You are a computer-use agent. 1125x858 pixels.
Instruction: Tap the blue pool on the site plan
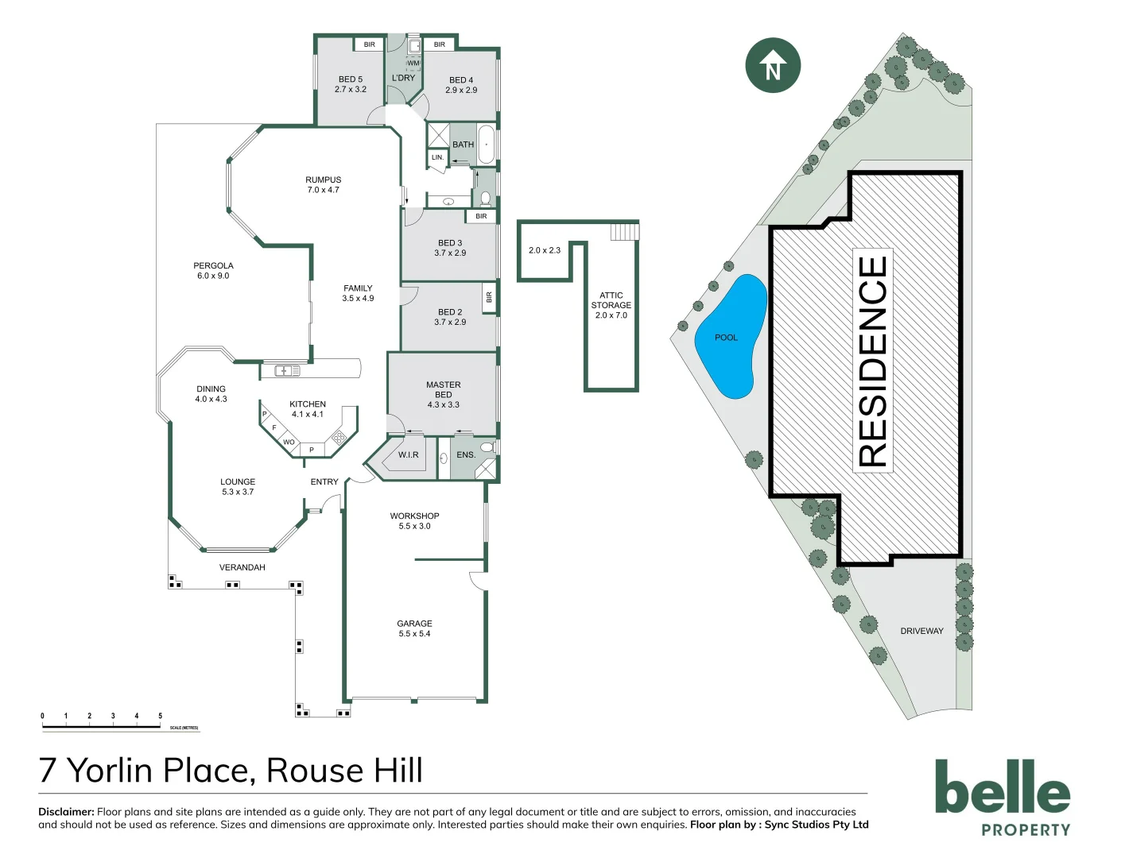[730, 338]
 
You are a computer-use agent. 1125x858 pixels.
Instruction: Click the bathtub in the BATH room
[486, 145]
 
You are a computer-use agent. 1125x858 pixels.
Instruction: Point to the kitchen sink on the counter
[287, 370]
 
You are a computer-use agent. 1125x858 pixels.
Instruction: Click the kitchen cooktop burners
[339, 437]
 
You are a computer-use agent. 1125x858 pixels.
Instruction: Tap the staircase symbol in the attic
[624, 231]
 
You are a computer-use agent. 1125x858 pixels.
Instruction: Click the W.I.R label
[408, 455]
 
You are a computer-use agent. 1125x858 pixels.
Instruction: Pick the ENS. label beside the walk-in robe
[466, 455]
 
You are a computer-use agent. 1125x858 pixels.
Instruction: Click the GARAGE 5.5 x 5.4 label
[414, 628]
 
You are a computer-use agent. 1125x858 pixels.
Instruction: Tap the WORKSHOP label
[414, 516]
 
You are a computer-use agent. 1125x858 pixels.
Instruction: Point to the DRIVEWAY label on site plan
[921, 631]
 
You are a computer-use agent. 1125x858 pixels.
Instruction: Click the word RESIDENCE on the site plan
[872, 361]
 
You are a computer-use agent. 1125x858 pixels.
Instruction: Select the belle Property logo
[1003, 797]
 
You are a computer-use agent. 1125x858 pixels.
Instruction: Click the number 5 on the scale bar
[160, 716]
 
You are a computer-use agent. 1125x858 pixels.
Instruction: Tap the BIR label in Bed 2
[489, 297]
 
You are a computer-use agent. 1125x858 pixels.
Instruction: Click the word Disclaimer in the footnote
[66, 812]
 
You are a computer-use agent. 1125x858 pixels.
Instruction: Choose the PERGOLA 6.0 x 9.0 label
[213, 271]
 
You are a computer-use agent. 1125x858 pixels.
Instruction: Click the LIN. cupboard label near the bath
[437, 157]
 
